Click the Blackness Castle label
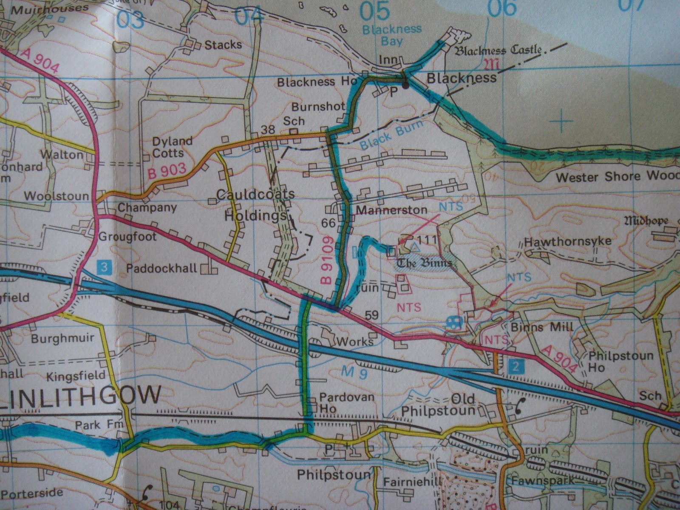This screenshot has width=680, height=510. pyautogui.click(x=499, y=51)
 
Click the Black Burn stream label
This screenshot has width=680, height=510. pyautogui.click(x=391, y=135)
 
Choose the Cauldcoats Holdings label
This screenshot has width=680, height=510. pyautogui.click(x=255, y=205)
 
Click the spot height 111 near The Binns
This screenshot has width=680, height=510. pyautogui.click(x=427, y=240)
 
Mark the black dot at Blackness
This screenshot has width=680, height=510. pyautogui.click(x=406, y=86)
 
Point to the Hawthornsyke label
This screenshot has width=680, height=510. pyautogui.click(x=567, y=241)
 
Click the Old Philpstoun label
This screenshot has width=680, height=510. pyautogui.click(x=439, y=405)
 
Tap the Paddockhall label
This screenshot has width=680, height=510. pyautogui.click(x=161, y=268)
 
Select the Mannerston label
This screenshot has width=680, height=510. pyautogui.click(x=391, y=210)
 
